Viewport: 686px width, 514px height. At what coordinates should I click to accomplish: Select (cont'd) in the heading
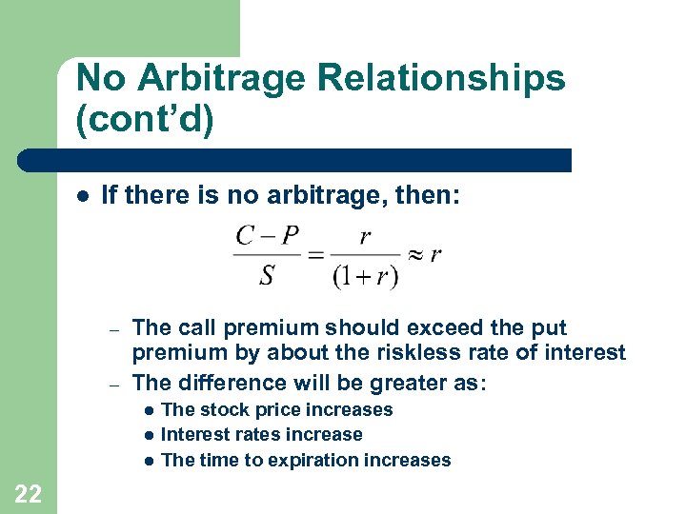[x=144, y=123]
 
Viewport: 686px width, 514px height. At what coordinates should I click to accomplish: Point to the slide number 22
[x=29, y=492]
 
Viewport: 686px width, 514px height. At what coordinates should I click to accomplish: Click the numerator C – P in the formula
[x=268, y=236]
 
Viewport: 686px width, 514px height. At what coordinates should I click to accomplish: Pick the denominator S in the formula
[x=267, y=275]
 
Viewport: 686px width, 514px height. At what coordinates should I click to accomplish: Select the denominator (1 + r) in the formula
[x=365, y=276]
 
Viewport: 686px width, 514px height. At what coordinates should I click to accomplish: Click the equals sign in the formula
[x=314, y=255]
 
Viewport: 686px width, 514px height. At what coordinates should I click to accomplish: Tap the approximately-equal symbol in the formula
[x=414, y=255]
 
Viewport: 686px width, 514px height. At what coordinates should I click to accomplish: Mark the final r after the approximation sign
[x=435, y=255]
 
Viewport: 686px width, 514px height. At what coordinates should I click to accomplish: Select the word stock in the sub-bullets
[x=221, y=410]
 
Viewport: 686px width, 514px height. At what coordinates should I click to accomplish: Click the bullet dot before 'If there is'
[x=83, y=196]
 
